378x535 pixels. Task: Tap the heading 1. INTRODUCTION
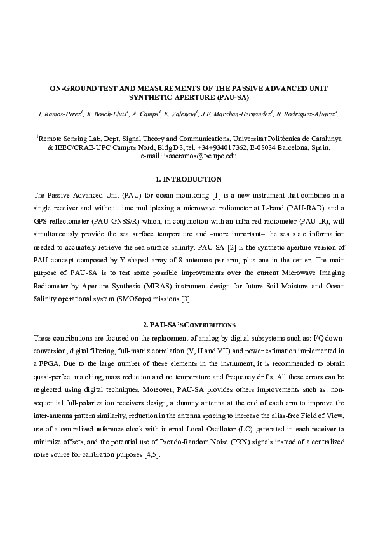tap(189, 179)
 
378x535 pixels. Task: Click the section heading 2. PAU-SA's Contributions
tap(189, 324)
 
